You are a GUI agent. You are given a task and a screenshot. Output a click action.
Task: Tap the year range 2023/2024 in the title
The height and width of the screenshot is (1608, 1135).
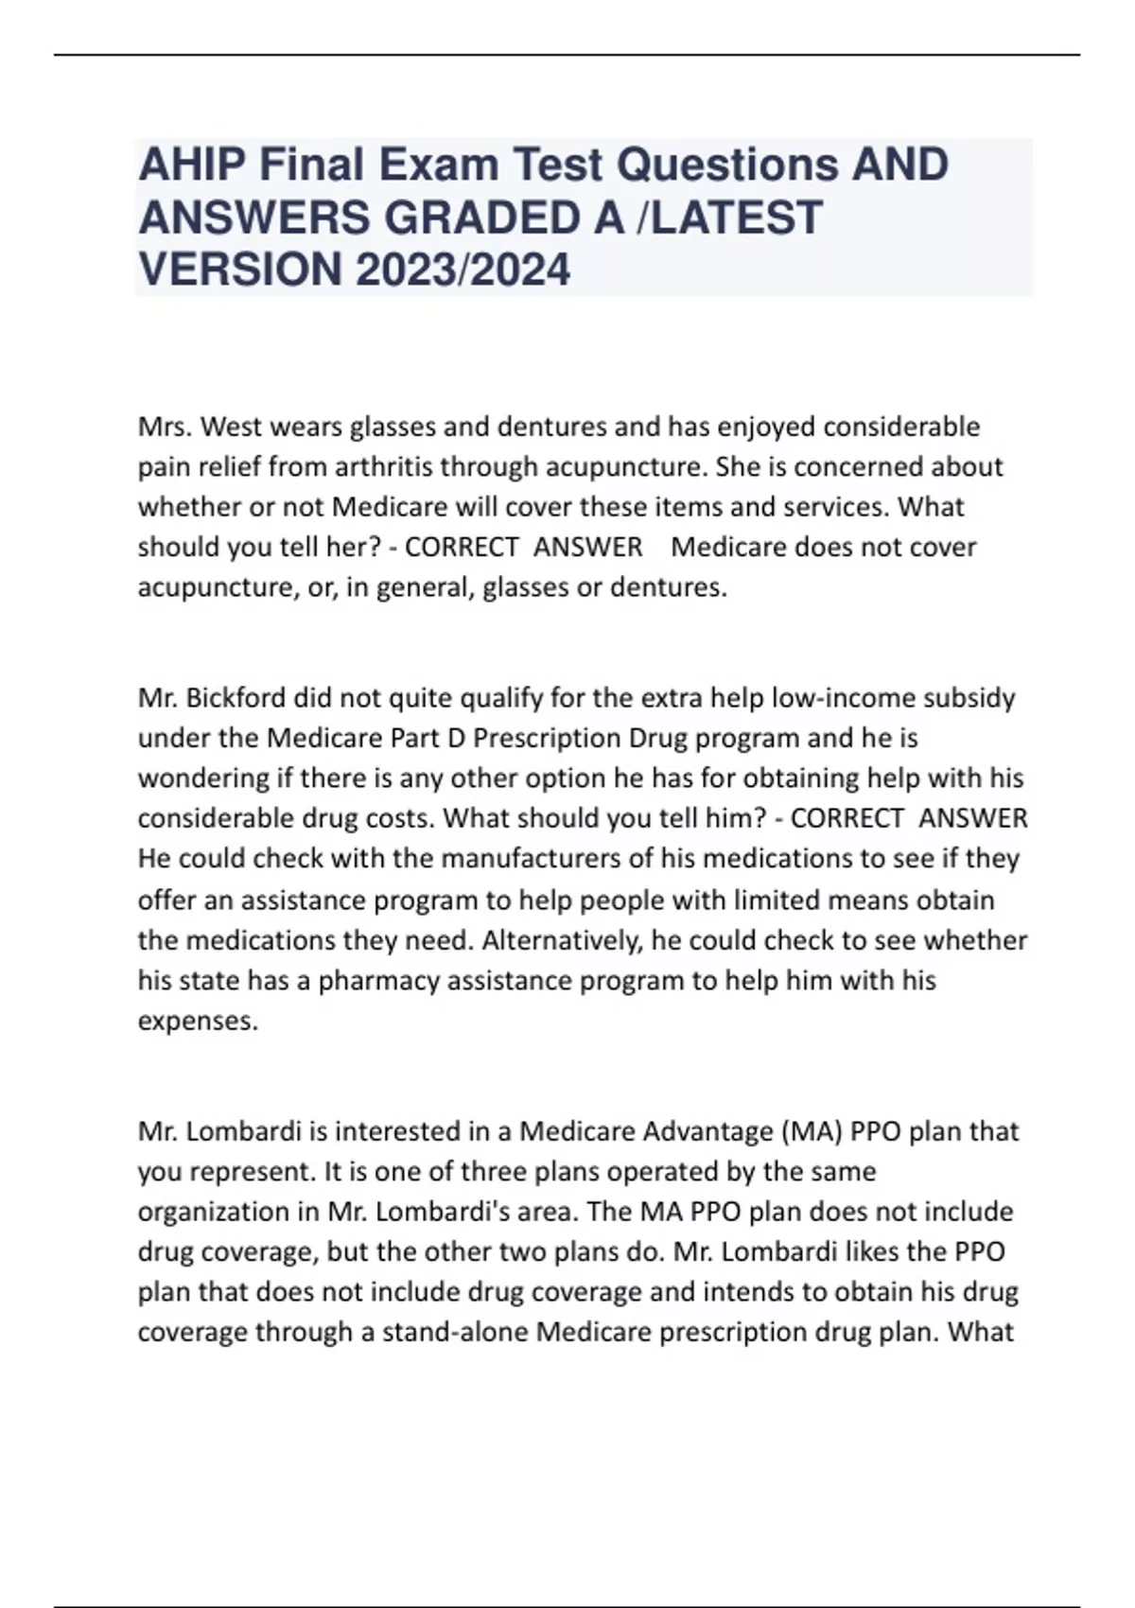click(x=463, y=269)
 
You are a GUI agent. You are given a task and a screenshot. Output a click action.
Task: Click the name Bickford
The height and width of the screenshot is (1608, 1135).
click(x=236, y=698)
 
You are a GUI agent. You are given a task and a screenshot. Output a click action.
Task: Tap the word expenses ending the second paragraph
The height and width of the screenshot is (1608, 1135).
click(x=196, y=1021)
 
